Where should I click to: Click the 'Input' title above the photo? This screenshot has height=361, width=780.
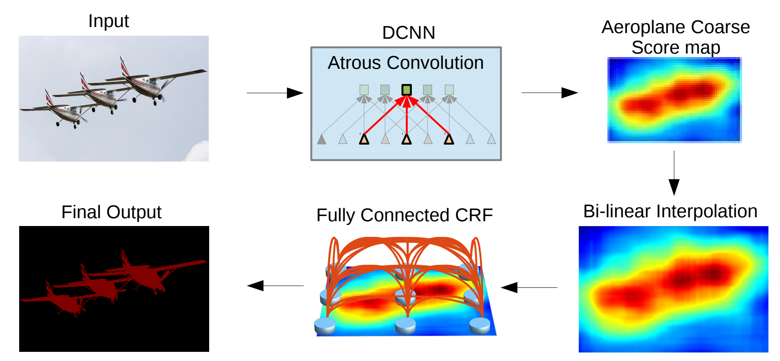pos(109,21)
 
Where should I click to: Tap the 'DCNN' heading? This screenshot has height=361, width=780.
pos(408,33)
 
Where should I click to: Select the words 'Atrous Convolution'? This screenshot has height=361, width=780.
pos(406,63)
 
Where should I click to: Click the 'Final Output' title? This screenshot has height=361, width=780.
pos(111,212)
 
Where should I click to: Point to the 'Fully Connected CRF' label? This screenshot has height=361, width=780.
pos(404,215)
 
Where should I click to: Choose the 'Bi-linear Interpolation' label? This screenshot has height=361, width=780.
pos(670,211)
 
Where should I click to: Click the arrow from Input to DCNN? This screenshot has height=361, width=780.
pos(275,93)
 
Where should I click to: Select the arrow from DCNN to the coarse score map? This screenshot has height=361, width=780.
pos(549,93)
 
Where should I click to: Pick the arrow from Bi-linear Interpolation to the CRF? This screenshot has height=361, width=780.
pos(529,287)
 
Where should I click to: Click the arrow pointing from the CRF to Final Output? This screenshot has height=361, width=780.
pos(275,286)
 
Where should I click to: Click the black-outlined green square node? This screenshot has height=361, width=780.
pos(407,90)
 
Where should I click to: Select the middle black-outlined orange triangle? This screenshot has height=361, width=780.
pos(407,139)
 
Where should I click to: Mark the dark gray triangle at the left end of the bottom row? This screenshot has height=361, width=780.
pos(322,139)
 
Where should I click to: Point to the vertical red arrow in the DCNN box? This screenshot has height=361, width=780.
pos(407,118)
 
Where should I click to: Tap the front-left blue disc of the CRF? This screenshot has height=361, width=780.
pos(325,325)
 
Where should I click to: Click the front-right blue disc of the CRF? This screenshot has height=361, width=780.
pos(480,325)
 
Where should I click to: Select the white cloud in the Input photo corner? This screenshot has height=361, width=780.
pos(199,152)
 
